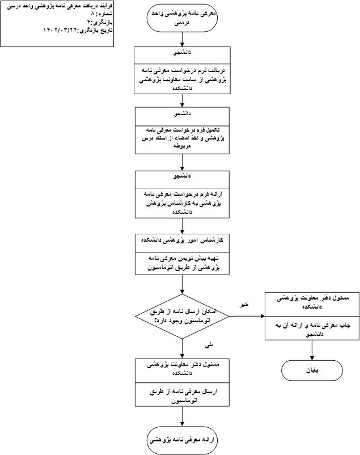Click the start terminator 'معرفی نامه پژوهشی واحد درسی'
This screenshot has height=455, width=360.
[x=182, y=18]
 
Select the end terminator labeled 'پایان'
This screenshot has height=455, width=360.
[x=312, y=370]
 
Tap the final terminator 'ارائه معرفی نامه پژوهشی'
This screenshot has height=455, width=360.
[x=182, y=440]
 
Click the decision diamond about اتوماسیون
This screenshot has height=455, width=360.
[x=182, y=316]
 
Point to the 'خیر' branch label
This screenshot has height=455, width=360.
[x=244, y=304]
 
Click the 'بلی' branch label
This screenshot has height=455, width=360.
[x=209, y=345]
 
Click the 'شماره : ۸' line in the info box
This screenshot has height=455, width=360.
[x=101, y=14]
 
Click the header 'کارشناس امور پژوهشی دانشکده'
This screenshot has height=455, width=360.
[x=182, y=241]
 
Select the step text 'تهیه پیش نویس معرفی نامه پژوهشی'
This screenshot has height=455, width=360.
[x=183, y=263]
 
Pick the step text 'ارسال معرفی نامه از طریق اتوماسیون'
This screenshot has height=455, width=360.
[x=183, y=396]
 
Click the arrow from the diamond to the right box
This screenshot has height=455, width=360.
[x=247, y=316]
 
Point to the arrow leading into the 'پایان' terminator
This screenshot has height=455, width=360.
[x=312, y=350]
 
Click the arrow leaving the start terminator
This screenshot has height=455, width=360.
[x=182, y=39]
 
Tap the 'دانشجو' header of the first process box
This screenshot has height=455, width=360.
[x=182, y=53]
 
